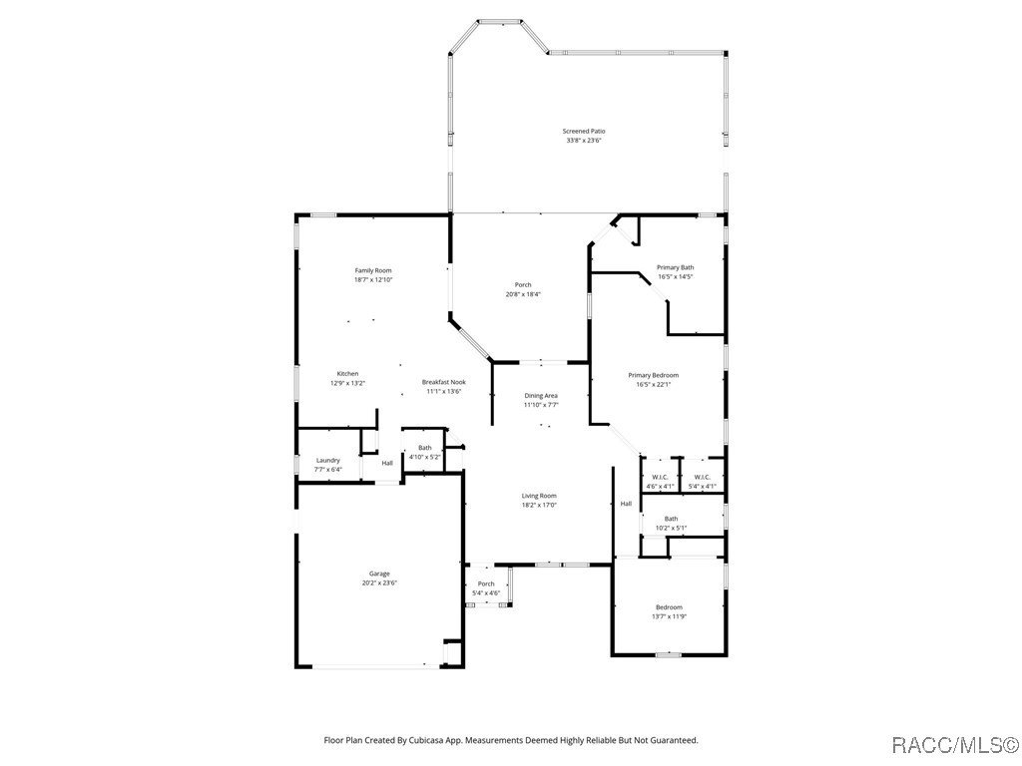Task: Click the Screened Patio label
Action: click(584, 131)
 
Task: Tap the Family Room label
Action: click(373, 270)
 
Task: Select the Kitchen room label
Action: click(347, 374)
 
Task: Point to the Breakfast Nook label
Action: click(443, 382)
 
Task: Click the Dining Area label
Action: click(541, 396)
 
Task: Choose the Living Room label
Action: click(539, 496)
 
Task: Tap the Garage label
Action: click(379, 574)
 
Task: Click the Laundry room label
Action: click(328, 460)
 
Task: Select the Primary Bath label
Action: click(675, 267)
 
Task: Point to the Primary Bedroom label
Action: click(653, 375)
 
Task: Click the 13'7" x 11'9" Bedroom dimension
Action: click(669, 616)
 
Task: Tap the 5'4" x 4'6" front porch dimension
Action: click(486, 592)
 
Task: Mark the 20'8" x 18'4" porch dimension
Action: click(523, 294)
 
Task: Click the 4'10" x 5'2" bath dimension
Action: click(425, 457)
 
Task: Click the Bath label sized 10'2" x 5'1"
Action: click(671, 519)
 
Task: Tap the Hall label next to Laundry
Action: click(387, 463)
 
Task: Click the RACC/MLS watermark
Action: click(954, 744)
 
